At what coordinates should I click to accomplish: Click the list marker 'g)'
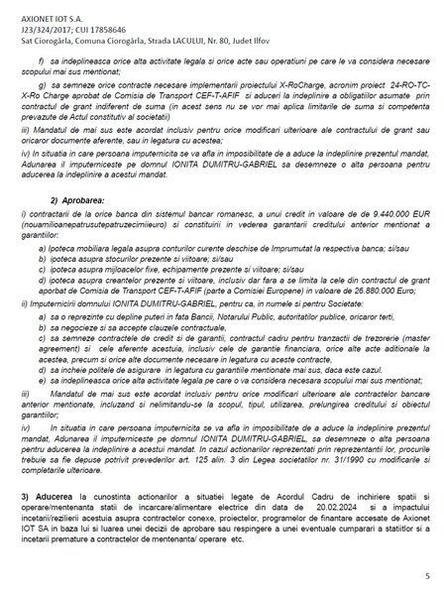(x=70, y=86)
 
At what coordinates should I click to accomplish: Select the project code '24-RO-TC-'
(x=395, y=86)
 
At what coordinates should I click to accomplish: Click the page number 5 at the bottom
(x=426, y=573)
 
